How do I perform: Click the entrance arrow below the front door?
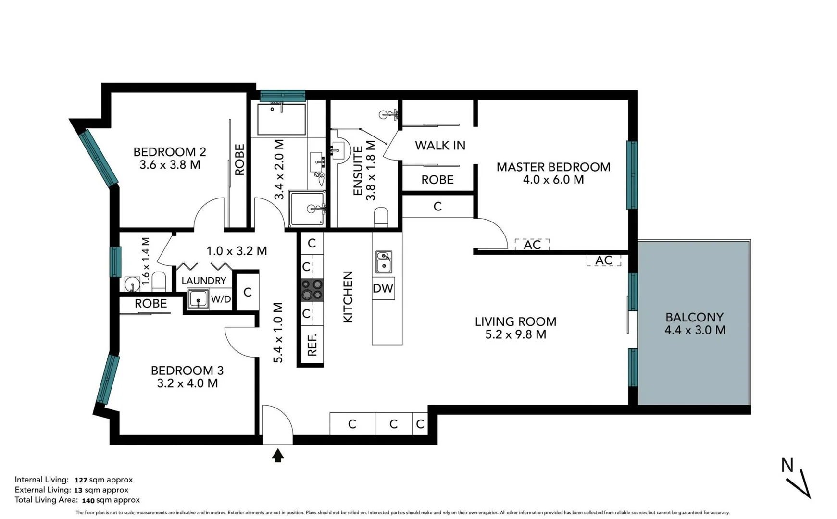(x=278, y=455)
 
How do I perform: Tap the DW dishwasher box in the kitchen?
(x=383, y=288)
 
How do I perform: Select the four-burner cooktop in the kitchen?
(x=312, y=289)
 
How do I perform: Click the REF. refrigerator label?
(x=312, y=345)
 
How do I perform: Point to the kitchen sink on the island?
(x=383, y=262)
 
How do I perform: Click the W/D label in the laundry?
(x=221, y=299)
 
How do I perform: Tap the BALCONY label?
(x=694, y=317)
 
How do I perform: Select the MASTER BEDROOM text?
(x=553, y=167)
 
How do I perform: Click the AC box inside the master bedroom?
(x=532, y=245)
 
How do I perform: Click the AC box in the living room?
(x=603, y=260)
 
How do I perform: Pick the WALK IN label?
(x=440, y=145)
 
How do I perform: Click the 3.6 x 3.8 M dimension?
(x=170, y=165)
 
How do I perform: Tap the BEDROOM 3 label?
(x=187, y=371)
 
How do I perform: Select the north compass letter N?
(x=787, y=465)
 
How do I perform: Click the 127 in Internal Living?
(x=81, y=480)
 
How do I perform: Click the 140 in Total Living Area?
(x=88, y=500)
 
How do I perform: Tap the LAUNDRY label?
(x=204, y=281)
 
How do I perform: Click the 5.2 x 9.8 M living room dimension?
(x=515, y=334)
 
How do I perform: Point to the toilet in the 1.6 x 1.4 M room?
(x=159, y=281)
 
